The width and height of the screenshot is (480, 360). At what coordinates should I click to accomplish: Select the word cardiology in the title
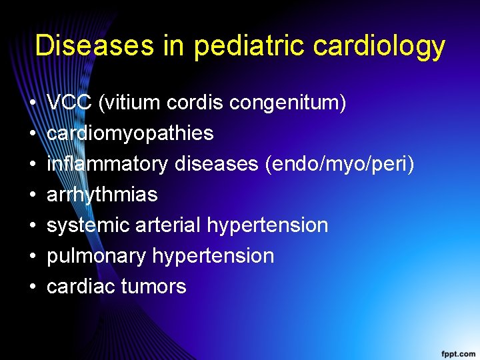click(x=379, y=45)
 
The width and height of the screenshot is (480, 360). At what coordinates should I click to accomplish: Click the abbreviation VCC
click(x=69, y=103)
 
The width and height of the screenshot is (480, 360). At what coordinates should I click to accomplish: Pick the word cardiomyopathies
click(x=130, y=133)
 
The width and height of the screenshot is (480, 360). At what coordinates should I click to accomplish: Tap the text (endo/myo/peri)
click(x=339, y=164)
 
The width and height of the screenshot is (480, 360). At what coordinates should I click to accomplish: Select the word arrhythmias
click(x=102, y=195)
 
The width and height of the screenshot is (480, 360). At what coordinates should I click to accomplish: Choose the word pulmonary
click(x=97, y=256)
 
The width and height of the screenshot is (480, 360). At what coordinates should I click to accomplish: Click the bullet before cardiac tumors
click(x=32, y=287)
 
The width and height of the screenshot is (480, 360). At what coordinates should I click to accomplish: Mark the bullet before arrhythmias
click(x=32, y=195)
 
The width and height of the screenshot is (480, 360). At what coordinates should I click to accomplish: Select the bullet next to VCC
click(x=32, y=103)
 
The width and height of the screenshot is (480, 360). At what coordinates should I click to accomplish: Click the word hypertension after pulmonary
click(x=213, y=256)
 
